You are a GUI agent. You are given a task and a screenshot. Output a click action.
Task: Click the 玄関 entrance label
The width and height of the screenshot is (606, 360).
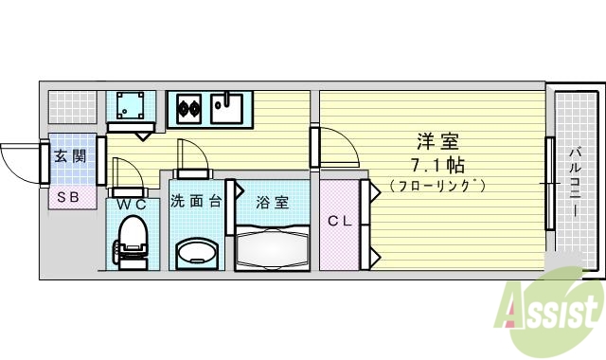[69, 155]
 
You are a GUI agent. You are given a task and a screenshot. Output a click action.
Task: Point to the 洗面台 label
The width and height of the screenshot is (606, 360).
[196, 201]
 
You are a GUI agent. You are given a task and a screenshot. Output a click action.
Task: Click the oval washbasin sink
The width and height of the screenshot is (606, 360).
[196, 253]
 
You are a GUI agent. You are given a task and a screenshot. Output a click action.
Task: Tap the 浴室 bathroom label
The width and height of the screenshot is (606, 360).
[273, 201]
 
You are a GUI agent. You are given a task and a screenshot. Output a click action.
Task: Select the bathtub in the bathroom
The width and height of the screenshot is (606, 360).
[273, 248]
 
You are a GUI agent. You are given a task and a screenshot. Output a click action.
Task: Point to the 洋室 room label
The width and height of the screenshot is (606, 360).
[438, 143]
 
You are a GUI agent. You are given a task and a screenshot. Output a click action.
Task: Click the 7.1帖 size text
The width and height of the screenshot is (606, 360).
[437, 164]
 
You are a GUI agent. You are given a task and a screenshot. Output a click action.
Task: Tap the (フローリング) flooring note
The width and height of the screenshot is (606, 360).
[437, 186]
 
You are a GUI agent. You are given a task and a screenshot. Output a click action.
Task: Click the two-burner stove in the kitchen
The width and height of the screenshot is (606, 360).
[186, 108]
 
